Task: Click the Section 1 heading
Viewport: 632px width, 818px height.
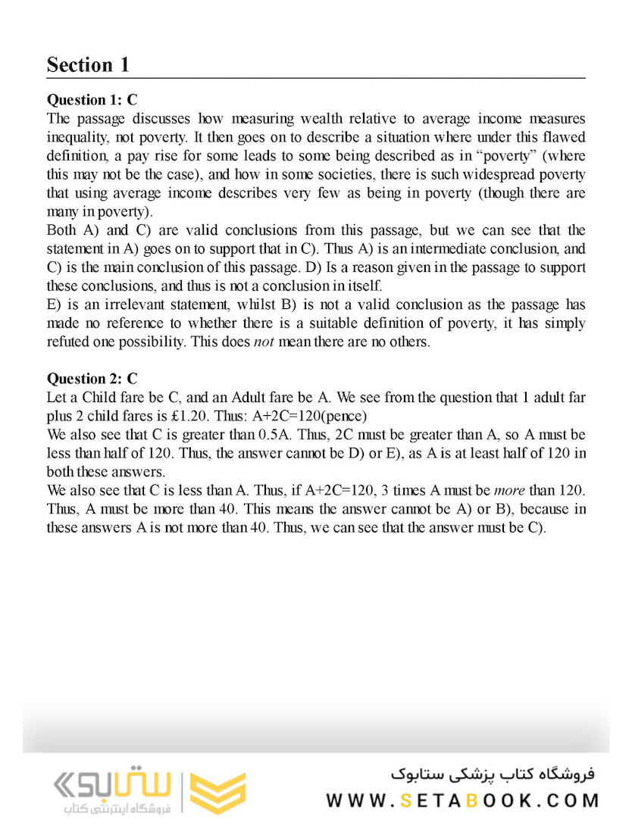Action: click(x=88, y=65)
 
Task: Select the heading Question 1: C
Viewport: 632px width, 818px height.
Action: click(x=92, y=100)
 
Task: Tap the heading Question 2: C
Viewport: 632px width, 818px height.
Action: click(x=92, y=379)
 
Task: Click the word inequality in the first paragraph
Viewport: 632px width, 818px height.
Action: click(x=76, y=138)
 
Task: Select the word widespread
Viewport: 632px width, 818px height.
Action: click(x=502, y=174)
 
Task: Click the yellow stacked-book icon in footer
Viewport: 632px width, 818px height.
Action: click(x=217, y=792)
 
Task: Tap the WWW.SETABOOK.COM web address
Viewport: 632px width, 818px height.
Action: click(x=462, y=801)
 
